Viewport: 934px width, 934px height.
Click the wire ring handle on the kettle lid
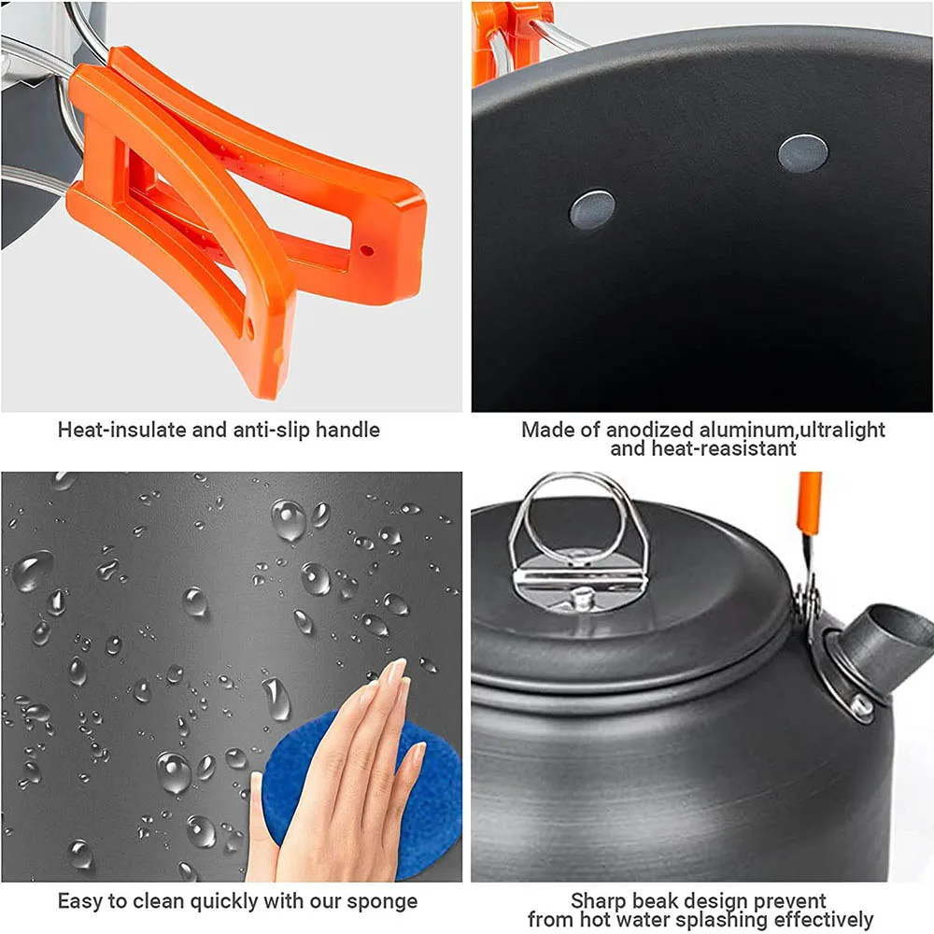click(579, 509)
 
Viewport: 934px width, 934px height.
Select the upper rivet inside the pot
click(802, 153)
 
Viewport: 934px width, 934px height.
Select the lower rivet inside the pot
click(592, 209)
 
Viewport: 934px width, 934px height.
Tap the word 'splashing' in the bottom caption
click(728, 920)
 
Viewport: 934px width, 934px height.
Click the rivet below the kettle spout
click(862, 707)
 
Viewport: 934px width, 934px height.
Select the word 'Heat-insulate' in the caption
click(117, 431)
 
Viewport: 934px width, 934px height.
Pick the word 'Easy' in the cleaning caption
click(79, 902)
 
